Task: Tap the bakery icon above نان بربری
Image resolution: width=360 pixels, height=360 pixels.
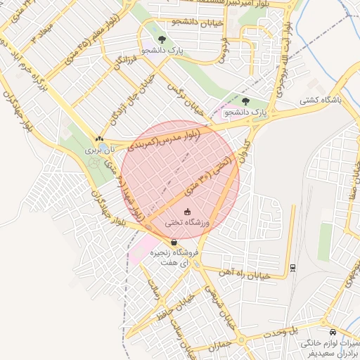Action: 98,139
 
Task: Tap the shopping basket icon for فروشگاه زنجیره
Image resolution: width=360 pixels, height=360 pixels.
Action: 174,243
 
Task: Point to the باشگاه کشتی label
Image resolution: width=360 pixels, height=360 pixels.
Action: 337,101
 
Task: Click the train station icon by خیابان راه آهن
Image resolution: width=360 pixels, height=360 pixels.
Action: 292,267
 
